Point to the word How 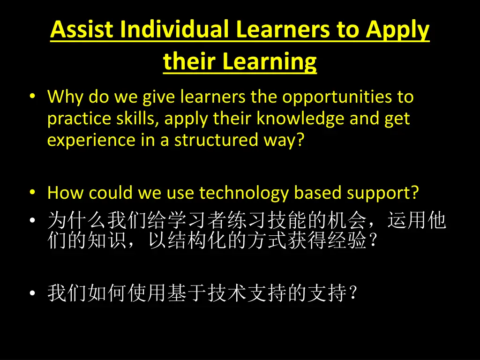(65, 193)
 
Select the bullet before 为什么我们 (31, 220)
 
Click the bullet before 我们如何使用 (31, 293)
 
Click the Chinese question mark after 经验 (373, 241)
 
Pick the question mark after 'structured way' (300, 141)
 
